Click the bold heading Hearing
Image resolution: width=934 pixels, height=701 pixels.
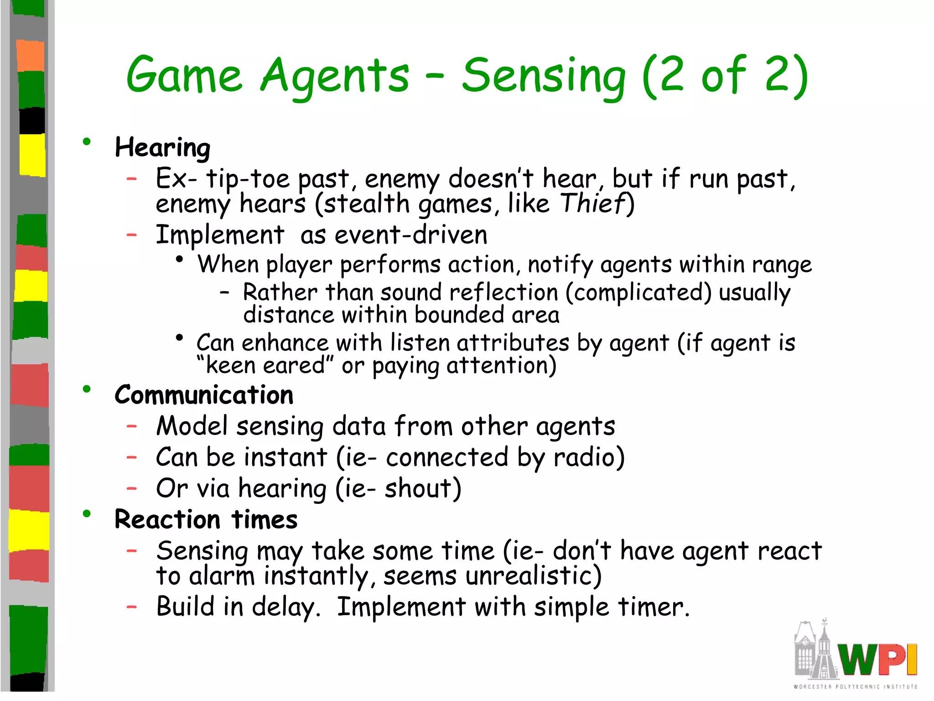162,148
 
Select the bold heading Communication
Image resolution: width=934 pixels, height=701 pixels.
204,395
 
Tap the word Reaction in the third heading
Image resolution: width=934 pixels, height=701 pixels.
167,520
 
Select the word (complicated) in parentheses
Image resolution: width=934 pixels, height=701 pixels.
638,293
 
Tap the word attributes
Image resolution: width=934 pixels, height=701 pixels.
513,343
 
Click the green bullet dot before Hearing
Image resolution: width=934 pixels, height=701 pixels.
87,142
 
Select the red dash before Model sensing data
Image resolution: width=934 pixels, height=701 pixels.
132,426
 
